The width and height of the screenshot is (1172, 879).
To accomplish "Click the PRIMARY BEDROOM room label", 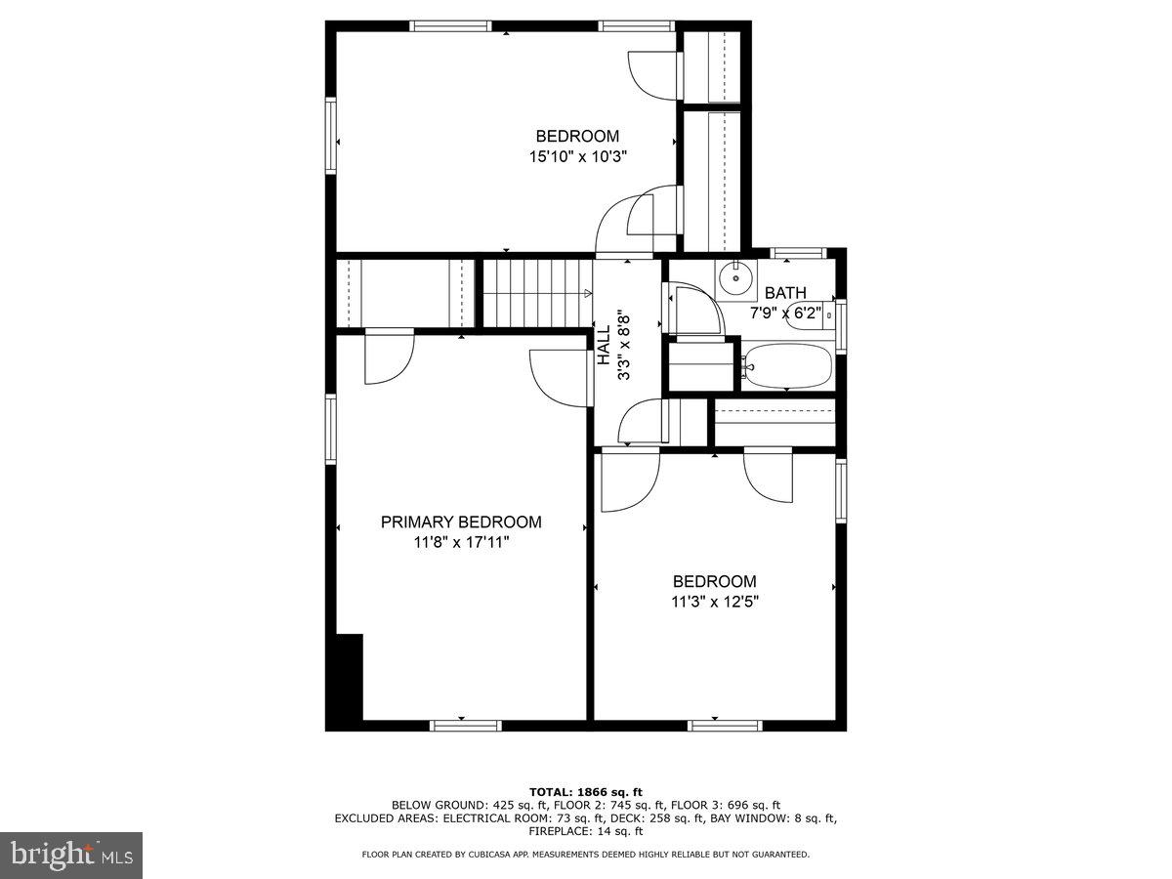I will [x=460, y=523].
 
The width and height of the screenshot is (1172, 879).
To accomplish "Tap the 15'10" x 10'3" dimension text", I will [x=577, y=156].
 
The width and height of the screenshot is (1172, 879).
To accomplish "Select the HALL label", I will [x=604, y=346].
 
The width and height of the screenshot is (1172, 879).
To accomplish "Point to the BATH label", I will [x=785, y=293].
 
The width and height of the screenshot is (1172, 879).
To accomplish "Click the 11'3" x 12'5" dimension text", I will [x=714, y=602].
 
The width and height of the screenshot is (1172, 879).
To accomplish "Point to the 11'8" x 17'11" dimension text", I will [x=460, y=542].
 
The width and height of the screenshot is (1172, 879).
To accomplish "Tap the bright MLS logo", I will [x=70, y=856].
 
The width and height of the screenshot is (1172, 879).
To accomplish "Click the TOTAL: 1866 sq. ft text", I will [x=585, y=791].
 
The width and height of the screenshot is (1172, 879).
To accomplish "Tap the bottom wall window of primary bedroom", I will [x=466, y=725].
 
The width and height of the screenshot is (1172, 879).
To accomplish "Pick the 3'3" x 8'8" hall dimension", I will [x=623, y=346].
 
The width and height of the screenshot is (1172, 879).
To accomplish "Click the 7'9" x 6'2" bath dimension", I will [x=785, y=313].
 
